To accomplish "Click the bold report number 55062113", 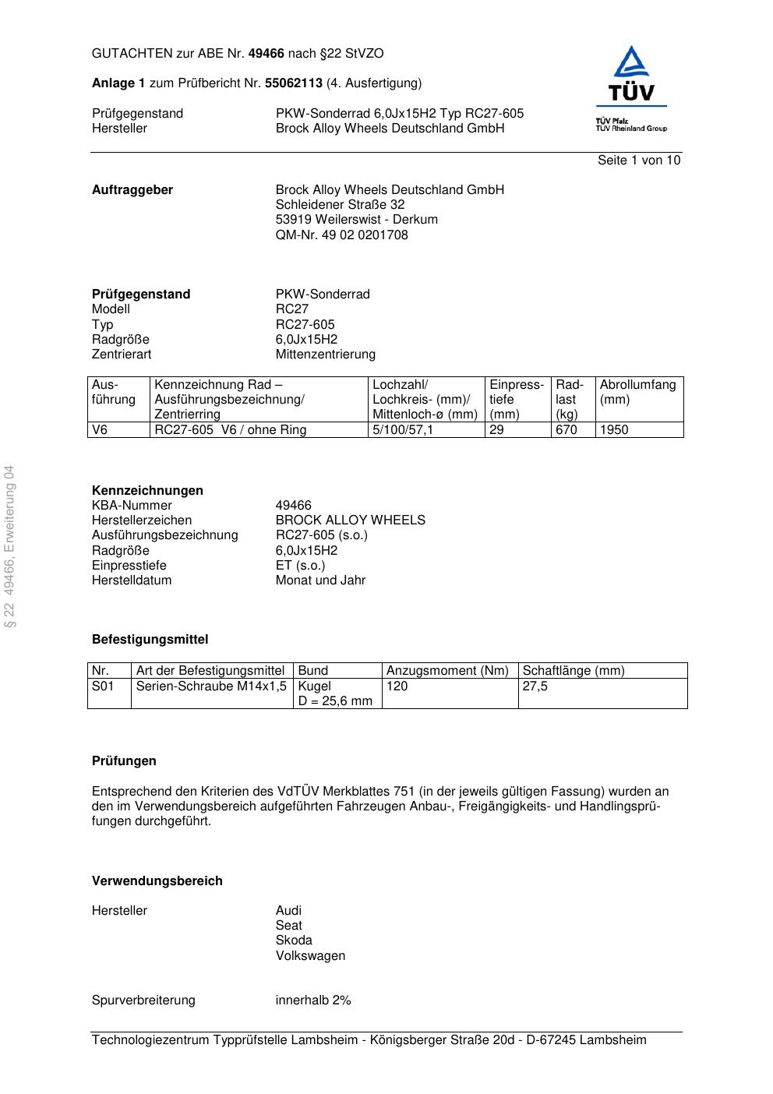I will tap(294, 83).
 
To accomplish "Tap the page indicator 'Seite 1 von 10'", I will tap(638, 161).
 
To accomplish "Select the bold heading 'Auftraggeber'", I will tap(132, 190).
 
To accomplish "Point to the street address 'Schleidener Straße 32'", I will tap(340, 205).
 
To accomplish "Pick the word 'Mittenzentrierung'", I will tap(325, 355).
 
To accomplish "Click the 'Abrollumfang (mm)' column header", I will tap(637, 392).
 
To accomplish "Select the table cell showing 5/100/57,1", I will tap(403, 430).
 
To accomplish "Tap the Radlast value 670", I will tap(566, 430).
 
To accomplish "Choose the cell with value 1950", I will tap(613, 430).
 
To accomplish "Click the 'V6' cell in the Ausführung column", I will tap(101, 430).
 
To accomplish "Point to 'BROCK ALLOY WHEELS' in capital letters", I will tap(350, 521).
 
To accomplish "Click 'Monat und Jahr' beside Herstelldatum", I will tap(320, 581).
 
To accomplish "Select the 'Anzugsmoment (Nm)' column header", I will tap(447, 671).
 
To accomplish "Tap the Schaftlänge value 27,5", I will tap(535, 686).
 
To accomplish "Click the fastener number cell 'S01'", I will tap(103, 686).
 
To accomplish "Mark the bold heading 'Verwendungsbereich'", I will tap(157, 881).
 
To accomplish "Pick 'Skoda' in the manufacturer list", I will tap(293, 940).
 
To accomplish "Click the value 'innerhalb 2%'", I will tap(312, 1000).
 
